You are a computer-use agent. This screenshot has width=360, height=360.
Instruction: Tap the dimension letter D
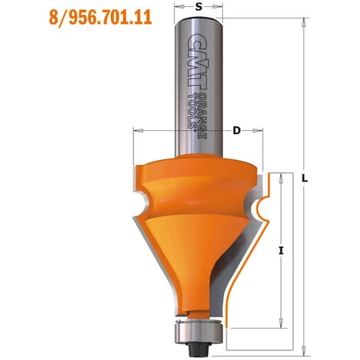(x=237, y=131)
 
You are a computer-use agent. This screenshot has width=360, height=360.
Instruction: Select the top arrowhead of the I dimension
(x=283, y=177)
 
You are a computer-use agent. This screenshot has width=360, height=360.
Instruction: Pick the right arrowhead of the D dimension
(x=262, y=131)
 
